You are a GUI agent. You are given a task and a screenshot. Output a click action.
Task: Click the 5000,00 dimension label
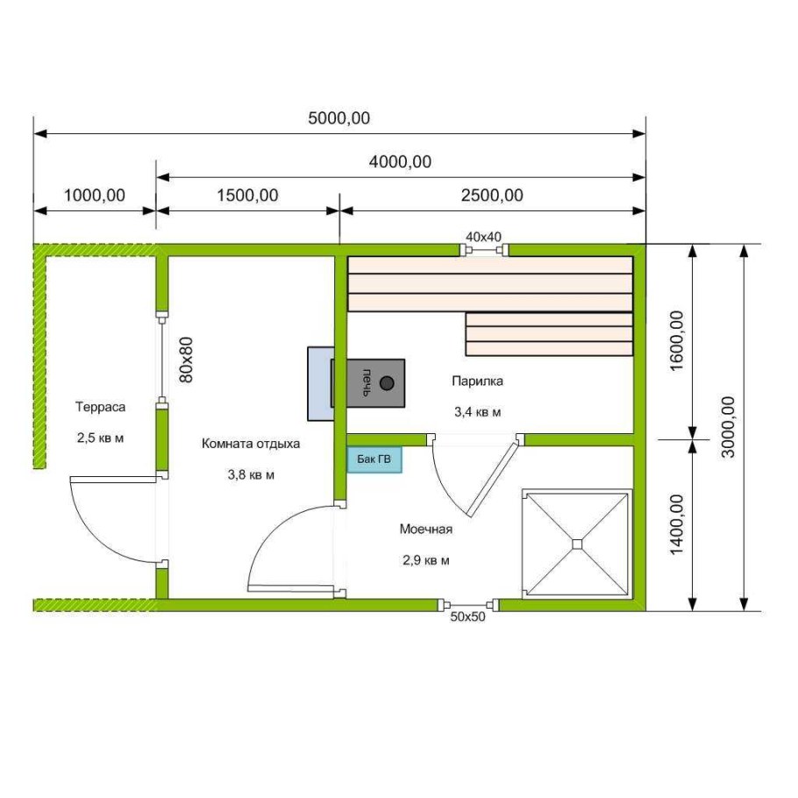(339, 118)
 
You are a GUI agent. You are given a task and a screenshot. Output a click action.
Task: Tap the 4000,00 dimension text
(400, 162)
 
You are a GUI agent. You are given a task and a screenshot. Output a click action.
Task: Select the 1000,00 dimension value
(95, 196)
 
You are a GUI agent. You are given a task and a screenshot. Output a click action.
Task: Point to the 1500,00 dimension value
(248, 196)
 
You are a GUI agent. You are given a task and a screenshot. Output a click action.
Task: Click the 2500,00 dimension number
(492, 196)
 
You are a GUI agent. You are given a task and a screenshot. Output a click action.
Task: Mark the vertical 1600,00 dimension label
(677, 341)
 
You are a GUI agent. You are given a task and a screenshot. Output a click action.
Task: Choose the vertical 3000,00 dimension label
(729, 427)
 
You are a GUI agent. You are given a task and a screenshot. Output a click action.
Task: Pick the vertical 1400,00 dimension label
(677, 524)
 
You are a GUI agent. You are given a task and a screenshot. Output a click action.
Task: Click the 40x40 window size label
(483, 237)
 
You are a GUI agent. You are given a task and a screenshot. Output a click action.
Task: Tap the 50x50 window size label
(467, 616)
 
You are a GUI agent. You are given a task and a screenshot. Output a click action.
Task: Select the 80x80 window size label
(187, 360)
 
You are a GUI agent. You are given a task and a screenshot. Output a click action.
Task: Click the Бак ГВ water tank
(374, 460)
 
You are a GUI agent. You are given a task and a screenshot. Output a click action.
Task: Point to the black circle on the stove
(388, 383)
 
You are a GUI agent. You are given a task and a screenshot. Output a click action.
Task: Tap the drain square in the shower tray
(577, 544)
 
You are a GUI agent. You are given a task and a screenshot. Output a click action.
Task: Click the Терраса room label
(100, 407)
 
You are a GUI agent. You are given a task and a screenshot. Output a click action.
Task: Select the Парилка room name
(477, 381)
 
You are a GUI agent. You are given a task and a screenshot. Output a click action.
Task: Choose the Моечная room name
(426, 530)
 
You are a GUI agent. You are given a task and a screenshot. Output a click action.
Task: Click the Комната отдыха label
(251, 444)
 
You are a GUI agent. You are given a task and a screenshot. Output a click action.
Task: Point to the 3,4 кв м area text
(477, 412)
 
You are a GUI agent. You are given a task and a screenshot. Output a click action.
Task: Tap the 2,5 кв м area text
(100, 438)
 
